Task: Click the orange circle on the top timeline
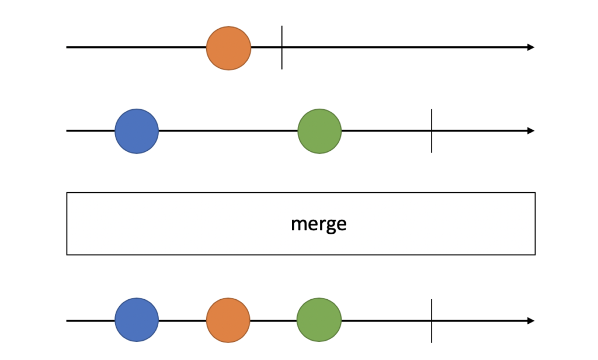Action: (x=228, y=48)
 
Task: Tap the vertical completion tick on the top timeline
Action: (x=281, y=47)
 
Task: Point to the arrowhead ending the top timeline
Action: (x=530, y=47)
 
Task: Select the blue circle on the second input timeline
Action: (x=137, y=131)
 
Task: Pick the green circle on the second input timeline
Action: (x=319, y=131)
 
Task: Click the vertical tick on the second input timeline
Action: (x=432, y=131)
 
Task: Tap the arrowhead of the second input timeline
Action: (x=530, y=131)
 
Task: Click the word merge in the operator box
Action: (x=318, y=224)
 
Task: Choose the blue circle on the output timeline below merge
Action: (x=137, y=320)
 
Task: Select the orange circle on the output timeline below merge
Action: (x=228, y=320)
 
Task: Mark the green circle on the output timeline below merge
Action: (x=319, y=320)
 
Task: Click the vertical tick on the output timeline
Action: (x=432, y=320)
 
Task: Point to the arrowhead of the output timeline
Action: (x=530, y=320)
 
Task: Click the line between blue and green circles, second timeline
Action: (x=228, y=131)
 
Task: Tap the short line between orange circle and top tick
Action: (x=266, y=47)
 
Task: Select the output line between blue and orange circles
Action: (x=182, y=320)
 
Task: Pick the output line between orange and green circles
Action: (x=273, y=320)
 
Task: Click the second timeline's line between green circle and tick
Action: (x=385, y=131)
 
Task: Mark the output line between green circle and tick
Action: (x=385, y=320)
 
